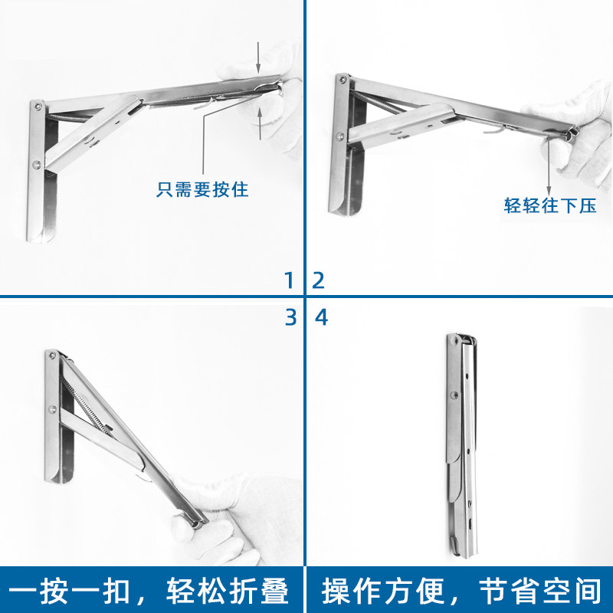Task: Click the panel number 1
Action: (x=290, y=280)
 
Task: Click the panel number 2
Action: (x=319, y=280)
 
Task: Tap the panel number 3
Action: (x=291, y=317)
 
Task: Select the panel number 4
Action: (x=321, y=317)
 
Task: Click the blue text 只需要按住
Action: (x=202, y=189)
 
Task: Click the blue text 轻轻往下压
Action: (x=550, y=205)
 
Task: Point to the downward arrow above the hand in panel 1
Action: (x=258, y=57)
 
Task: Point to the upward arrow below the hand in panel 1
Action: (x=260, y=123)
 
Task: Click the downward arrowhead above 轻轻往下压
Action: (x=549, y=192)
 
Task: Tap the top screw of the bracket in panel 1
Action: (x=38, y=106)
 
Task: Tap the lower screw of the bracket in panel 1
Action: (x=36, y=165)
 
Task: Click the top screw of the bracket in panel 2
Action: (x=343, y=80)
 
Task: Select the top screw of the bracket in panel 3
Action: (x=51, y=356)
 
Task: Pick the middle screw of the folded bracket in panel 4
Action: (x=454, y=395)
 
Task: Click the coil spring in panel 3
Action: (x=85, y=405)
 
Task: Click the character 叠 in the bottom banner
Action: (x=273, y=590)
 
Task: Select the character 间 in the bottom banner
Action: (x=585, y=590)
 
